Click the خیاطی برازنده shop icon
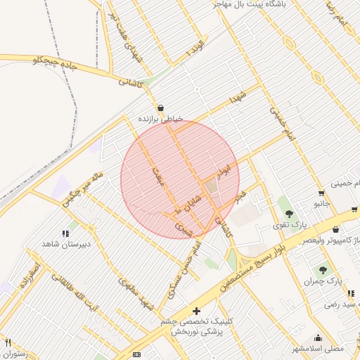[x=161, y=108]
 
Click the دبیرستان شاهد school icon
[x=65, y=233]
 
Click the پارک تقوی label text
[x=290, y=225]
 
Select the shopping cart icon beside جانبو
[x=321, y=193]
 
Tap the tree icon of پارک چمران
[x=323, y=270]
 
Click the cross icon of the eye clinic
[x=196, y=311]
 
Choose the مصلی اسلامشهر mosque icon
[x=318, y=337]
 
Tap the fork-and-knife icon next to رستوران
[x=8, y=343]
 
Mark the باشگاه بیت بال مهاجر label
[x=247, y=4]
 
